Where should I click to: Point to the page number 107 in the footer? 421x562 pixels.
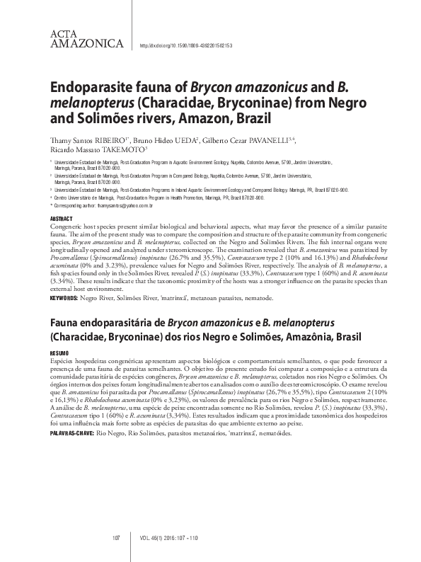click(117, 538)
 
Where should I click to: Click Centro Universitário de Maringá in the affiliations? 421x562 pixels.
click(89, 197)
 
